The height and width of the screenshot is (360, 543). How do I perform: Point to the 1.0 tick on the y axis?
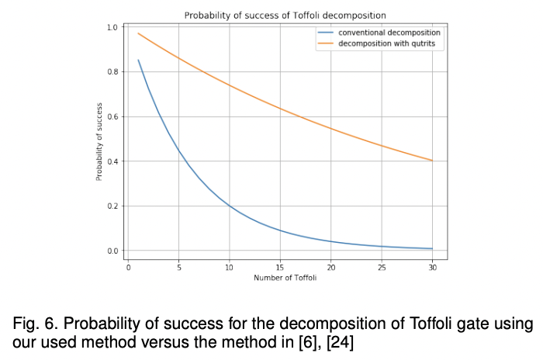(x=112, y=27)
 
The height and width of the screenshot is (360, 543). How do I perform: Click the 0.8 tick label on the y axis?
(x=112, y=72)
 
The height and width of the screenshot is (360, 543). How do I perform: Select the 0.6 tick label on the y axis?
(x=112, y=117)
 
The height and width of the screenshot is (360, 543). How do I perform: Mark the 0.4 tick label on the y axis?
(x=112, y=161)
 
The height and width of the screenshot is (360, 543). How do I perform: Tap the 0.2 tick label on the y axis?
(x=112, y=206)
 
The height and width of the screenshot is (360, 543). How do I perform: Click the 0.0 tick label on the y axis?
(x=112, y=251)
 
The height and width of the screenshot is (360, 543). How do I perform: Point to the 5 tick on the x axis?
(x=179, y=267)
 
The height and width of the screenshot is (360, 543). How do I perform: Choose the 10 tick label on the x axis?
(x=230, y=267)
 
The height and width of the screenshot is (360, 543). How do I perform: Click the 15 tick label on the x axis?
(x=280, y=267)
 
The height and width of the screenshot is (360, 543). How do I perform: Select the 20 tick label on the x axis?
(x=330, y=267)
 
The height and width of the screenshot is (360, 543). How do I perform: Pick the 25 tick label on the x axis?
(x=381, y=267)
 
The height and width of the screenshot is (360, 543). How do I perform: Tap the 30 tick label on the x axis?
(x=431, y=267)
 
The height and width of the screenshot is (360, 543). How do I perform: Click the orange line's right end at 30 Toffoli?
(x=431, y=161)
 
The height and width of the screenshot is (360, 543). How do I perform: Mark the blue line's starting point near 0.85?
(x=139, y=61)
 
